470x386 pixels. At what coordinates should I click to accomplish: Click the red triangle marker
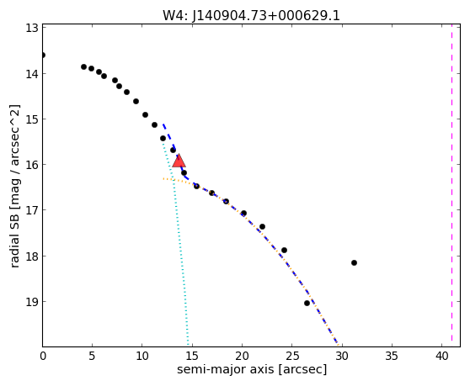[179, 161]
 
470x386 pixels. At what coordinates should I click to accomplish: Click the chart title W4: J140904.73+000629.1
[251, 16]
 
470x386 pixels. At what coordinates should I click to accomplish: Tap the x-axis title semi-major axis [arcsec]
[252, 369]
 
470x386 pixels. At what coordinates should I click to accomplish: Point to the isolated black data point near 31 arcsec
[354, 262]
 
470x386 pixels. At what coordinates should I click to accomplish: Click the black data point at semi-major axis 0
[43, 55]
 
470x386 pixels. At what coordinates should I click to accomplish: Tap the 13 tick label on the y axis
[32, 28]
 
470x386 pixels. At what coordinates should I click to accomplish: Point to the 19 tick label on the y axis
[32, 302]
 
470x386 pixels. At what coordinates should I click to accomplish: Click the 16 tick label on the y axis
[32, 165]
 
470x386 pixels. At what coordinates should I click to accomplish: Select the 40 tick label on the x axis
[442, 356]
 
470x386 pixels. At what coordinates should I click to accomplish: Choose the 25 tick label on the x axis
[292, 356]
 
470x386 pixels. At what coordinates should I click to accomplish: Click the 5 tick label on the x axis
[93, 356]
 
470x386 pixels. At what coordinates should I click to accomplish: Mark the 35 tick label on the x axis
[392, 356]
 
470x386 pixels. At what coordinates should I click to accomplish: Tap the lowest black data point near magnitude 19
[307, 303]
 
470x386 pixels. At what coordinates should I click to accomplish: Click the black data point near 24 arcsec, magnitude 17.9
[284, 250]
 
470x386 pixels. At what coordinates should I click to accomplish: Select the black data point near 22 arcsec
[262, 226]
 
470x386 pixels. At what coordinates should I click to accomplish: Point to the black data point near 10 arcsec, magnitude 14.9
[146, 114]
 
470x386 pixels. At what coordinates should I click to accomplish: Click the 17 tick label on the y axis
[32, 210]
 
